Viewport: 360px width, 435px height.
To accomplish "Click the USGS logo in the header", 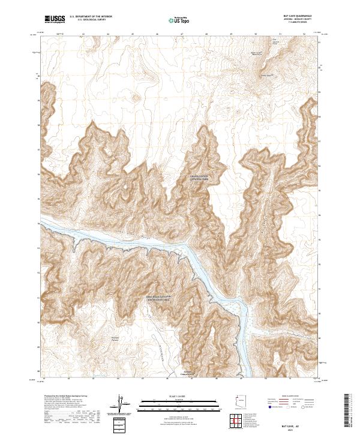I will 55,19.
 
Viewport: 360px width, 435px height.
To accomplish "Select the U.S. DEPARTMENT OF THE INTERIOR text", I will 91,16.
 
